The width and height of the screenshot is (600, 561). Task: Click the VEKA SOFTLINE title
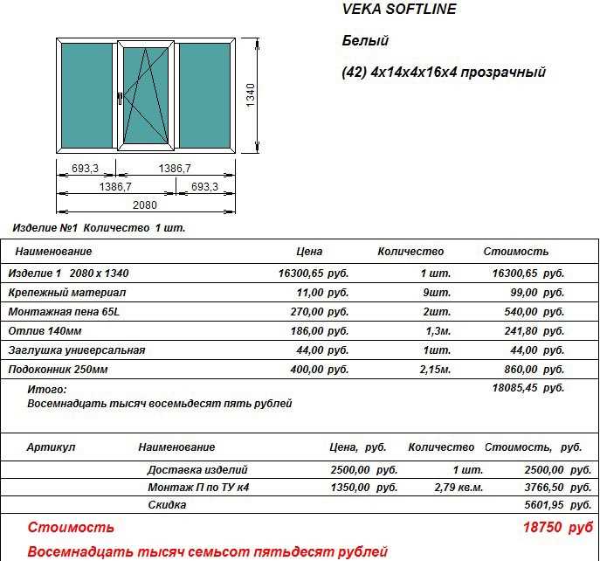tap(397, 10)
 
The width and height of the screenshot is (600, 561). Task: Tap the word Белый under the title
tap(365, 41)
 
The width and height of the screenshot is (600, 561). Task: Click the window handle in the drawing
tap(119, 99)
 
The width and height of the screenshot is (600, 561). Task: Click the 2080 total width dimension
tap(145, 204)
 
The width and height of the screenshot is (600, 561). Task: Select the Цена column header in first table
tap(309, 252)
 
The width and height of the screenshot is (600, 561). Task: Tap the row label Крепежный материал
tap(67, 293)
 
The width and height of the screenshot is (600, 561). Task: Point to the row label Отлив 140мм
tap(45, 331)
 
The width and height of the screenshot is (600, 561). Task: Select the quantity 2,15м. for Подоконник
tap(432, 370)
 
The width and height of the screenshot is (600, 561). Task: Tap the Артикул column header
tap(51, 447)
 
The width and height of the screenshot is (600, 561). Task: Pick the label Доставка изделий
tap(197, 469)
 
